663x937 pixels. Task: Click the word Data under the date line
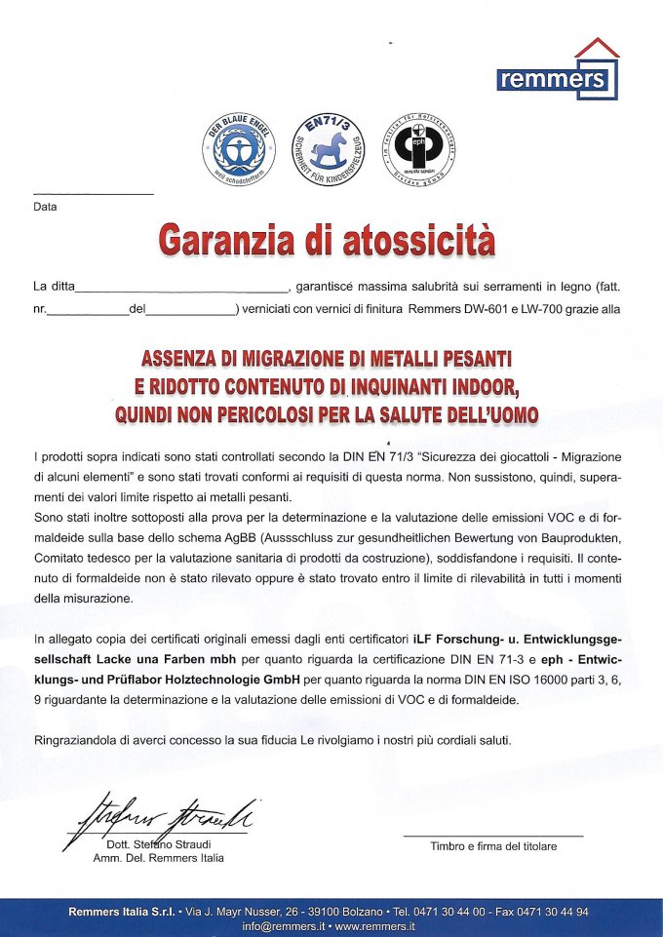click(x=45, y=207)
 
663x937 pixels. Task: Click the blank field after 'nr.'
click(x=88, y=309)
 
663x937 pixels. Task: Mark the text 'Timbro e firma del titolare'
click(x=493, y=846)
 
